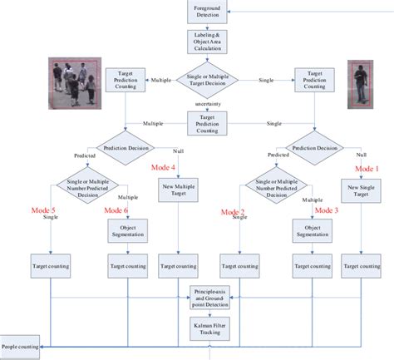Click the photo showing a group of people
click(x=75, y=83)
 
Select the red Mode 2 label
click(x=234, y=212)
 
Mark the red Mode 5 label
click(x=42, y=210)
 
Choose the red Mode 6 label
click(x=117, y=210)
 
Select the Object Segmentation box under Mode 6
click(x=128, y=231)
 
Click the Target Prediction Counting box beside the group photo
click(x=126, y=80)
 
